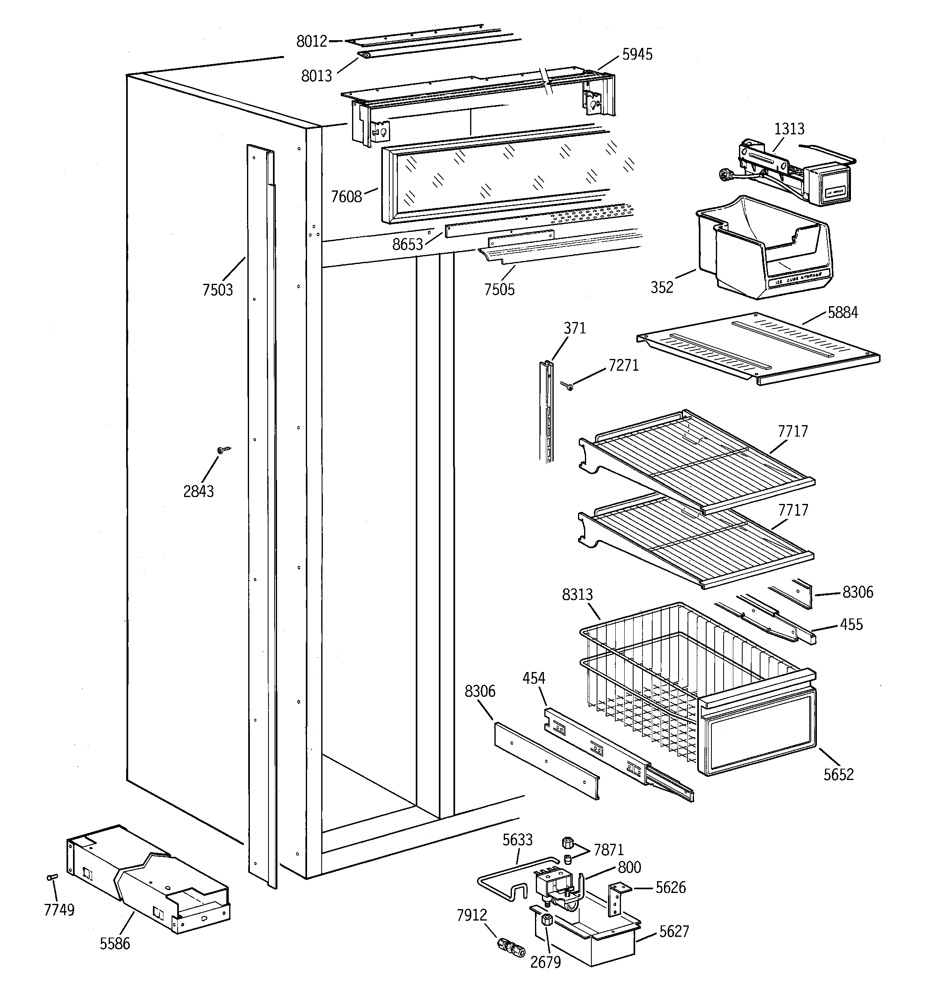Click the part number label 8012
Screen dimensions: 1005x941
[x=312, y=41]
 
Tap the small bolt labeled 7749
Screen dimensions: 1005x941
[x=52, y=877]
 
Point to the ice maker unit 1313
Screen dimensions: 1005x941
[x=788, y=172]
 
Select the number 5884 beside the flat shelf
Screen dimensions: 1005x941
[x=842, y=313]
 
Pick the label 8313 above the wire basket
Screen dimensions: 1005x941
[x=577, y=594]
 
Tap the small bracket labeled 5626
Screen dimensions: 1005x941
[x=616, y=898]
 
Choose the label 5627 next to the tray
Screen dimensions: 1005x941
[x=674, y=931]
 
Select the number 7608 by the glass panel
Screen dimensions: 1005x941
[x=346, y=197]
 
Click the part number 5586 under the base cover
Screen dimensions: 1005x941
[x=115, y=943]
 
